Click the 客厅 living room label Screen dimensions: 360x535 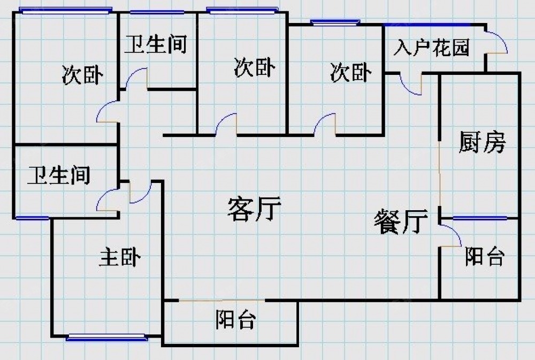click(254, 209)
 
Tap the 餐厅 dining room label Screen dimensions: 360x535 click(401, 221)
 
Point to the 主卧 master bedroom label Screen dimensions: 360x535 click(120, 257)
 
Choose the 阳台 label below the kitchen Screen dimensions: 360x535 click(484, 257)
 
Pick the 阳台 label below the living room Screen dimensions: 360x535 click(236, 320)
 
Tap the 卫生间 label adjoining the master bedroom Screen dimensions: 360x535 click(59, 175)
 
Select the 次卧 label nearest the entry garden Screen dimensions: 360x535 click(350, 72)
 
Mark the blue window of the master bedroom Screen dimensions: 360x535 click(106, 337)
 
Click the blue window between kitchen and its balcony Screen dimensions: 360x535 click(479, 218)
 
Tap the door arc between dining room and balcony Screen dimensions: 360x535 click(452, 234)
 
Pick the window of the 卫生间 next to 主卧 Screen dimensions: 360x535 click(32, 218)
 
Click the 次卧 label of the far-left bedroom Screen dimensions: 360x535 click(82, 75)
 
